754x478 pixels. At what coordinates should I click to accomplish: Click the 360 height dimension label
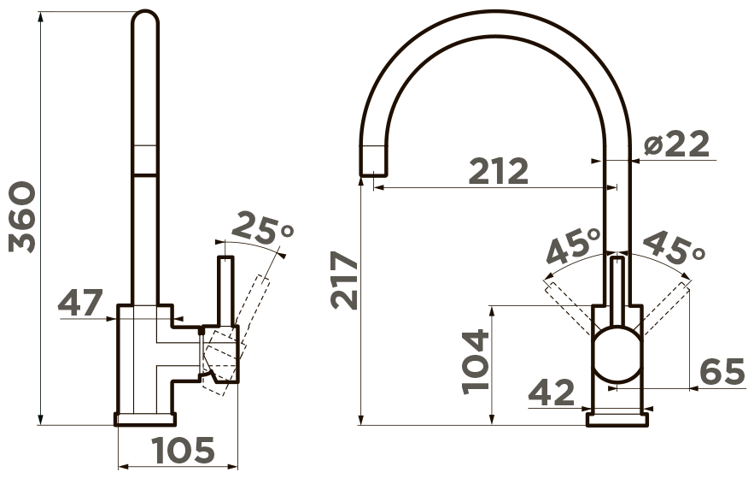[22, 217]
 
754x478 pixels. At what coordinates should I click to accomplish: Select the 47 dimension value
[80, 303]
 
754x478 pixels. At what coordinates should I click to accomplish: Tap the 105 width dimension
[184, 450]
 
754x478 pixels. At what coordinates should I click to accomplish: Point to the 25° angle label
[262, 228]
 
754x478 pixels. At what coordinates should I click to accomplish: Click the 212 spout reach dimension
[498, 171]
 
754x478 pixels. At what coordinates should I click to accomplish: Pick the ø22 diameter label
[676, 144]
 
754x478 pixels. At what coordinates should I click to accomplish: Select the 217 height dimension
[344, 280]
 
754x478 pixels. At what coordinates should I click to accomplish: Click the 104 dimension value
[475, 362]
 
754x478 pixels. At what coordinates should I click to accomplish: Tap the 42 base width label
[552, 392]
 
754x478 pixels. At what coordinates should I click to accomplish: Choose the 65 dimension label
[722, 372]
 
